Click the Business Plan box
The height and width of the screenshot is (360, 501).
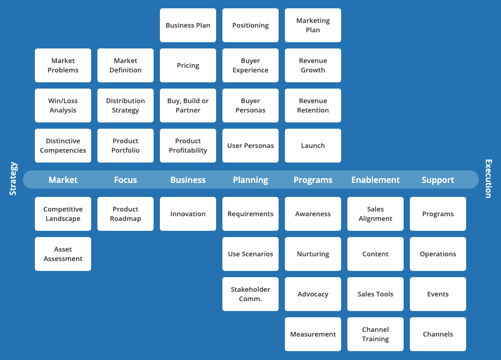coord(188,25)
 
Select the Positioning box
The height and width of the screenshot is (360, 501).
coord(250,25)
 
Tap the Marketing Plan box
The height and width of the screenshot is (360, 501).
coord(313,25)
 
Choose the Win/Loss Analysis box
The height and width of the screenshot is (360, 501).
coord(63,106)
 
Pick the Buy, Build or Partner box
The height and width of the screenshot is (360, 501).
coord(188,106)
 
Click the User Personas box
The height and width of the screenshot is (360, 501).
coord(250,146)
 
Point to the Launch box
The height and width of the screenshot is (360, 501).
coord(313,146)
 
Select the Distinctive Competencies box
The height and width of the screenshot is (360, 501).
coord(63,146)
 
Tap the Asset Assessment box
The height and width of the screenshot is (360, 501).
coord(63,254)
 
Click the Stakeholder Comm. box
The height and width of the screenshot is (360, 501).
coord(250,294)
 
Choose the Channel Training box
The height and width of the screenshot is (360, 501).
coord(375,334)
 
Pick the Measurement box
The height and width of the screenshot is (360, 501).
coord(313,334)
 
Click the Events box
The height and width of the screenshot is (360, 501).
coord(438,294)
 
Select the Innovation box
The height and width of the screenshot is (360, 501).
coord(188,214)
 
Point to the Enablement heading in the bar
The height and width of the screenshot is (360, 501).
coord(375,180)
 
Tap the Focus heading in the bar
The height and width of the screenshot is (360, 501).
coord(126,180)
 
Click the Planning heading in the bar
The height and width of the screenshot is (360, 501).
coord(250,180)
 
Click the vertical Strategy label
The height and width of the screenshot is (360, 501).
coord(13,179)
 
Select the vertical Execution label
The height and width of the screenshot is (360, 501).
coord(488,179)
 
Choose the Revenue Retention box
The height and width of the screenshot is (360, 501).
coord(313,106)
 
